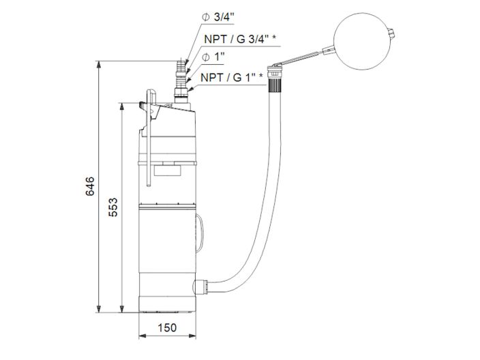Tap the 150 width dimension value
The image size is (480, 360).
coord(168,327)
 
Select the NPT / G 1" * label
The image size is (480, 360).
coord(230,78)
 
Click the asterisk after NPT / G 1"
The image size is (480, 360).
coord(261,76)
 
